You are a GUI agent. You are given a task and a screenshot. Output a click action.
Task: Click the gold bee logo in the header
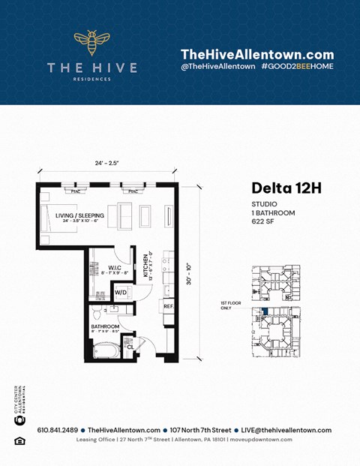tap(91, 44)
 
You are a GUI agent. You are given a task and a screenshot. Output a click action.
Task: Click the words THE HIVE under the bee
tap(91, 68)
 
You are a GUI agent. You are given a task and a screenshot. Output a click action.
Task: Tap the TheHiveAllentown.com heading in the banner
tap(257, 54)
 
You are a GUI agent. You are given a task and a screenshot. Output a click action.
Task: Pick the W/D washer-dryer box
tap(120, 292)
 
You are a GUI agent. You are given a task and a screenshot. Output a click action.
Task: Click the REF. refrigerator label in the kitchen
tap(169, 306)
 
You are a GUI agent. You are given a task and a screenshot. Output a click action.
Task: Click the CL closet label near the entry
tap(130, 347)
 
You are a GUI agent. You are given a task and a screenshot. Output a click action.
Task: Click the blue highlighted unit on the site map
tap(264, 311)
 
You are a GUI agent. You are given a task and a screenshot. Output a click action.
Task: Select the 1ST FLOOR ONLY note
tap(231, 305)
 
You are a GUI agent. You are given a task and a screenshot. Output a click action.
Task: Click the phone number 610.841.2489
tap(54, 430)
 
